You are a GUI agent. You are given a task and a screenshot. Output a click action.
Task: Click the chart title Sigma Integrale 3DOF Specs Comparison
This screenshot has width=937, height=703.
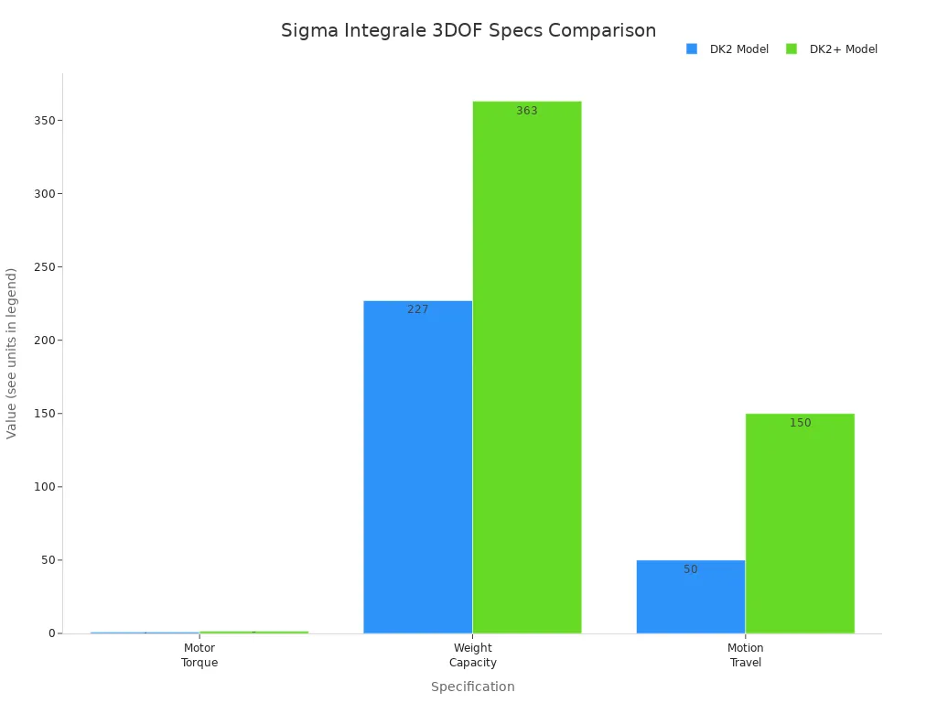468,30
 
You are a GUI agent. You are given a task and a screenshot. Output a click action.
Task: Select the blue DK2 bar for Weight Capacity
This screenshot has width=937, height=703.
417,467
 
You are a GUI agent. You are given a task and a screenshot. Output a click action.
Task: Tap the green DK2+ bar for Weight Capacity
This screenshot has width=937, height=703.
527,366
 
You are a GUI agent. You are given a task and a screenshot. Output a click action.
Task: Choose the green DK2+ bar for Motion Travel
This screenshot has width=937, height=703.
800,523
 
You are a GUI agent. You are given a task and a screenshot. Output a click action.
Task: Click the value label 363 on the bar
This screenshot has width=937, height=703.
527,111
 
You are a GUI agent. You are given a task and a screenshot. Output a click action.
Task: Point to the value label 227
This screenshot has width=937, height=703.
418,309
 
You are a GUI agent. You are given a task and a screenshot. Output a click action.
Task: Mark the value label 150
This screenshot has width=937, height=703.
801,423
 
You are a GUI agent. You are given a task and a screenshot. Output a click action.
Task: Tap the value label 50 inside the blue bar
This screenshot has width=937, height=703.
691,569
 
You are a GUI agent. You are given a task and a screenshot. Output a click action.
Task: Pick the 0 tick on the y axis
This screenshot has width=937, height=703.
50,633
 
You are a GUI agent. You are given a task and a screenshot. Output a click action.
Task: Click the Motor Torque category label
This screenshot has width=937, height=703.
199,655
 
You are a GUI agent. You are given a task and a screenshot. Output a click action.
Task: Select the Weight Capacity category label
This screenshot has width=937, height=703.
473,655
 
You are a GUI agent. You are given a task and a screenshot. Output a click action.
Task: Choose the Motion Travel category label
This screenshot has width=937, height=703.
746,655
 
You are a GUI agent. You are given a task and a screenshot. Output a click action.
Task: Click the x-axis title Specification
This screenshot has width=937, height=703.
472,687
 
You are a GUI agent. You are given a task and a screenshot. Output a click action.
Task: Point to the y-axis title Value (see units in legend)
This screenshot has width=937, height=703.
12,352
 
